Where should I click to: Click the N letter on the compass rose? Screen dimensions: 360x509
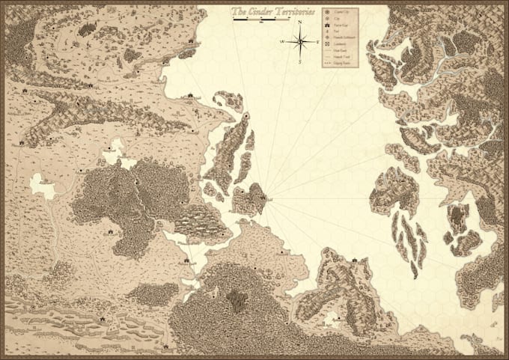pos(299,22)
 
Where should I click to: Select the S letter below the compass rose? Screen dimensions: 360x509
pos(299,62)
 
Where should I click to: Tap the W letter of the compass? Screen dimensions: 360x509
pos(282,42)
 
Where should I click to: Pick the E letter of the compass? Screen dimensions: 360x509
pos(317,42)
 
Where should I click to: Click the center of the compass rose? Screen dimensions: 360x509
pos(299,42)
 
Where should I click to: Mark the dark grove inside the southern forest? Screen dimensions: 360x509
pos(238,300)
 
